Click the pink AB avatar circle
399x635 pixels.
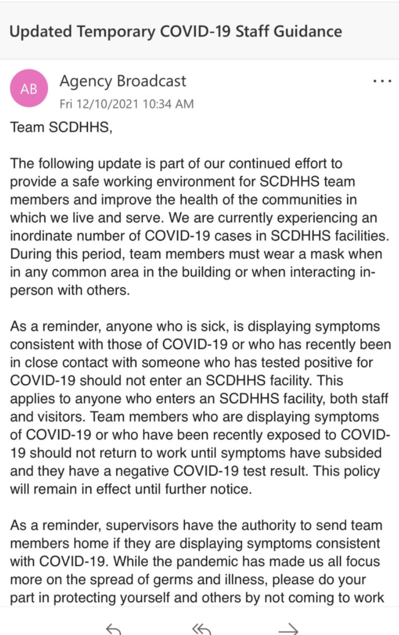tap(29, 88)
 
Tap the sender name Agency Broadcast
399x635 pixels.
tap(122, 81)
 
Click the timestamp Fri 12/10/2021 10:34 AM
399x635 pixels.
tap(126, 104)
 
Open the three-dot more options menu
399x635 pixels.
tap(382, 81)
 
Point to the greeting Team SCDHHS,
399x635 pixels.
tap(62, 127)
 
